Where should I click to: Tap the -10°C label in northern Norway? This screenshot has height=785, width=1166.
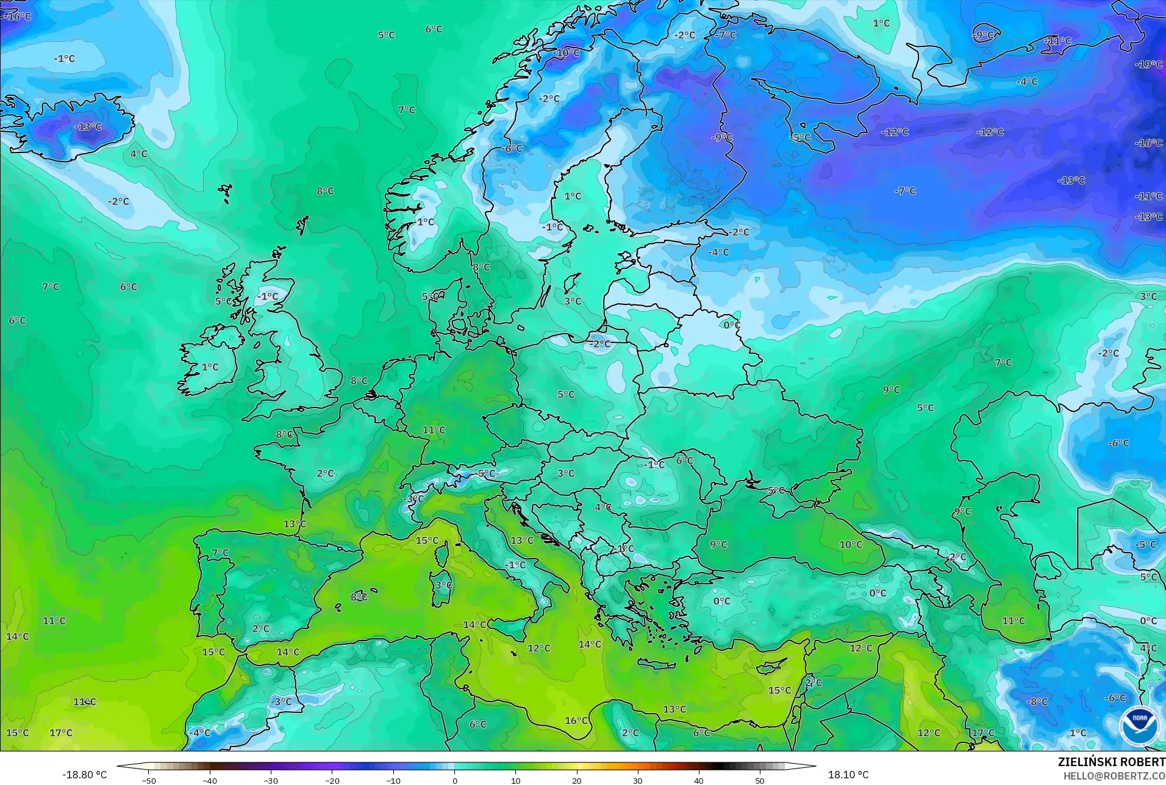tap(567, 53)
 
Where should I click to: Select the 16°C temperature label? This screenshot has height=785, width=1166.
tap(576, 720)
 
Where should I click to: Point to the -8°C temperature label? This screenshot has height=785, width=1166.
tap(1037, 701)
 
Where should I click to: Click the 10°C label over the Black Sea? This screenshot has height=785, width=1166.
tap(851, 544)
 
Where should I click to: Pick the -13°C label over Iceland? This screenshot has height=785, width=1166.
tap(88, 126)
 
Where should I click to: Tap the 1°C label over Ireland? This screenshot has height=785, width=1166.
tap(210, 367)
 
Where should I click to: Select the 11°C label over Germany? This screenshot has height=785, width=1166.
tap(434, 429)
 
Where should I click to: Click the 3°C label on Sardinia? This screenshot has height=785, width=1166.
tap(443, 585)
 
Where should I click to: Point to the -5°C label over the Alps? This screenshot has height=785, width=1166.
tap(485, 473)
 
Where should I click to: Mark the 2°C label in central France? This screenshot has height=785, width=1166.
tap(325, 473)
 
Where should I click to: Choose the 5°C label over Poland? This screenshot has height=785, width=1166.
tap(566, 394)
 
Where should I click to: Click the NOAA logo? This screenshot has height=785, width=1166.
tap(1138, 725)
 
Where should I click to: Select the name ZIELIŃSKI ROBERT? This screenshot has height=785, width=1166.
tap(1111, 762)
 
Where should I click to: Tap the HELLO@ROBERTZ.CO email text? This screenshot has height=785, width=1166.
tap(1114, 776)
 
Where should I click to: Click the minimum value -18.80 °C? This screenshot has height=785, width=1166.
tap(84, 775)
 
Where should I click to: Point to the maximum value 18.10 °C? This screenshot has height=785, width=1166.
tap(848, 775)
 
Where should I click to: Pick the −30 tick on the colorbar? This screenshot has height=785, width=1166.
tap(271, 781)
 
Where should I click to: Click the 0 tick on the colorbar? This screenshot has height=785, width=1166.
tap(454, 781)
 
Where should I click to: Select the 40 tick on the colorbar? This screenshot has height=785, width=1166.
tap(698, 781)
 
